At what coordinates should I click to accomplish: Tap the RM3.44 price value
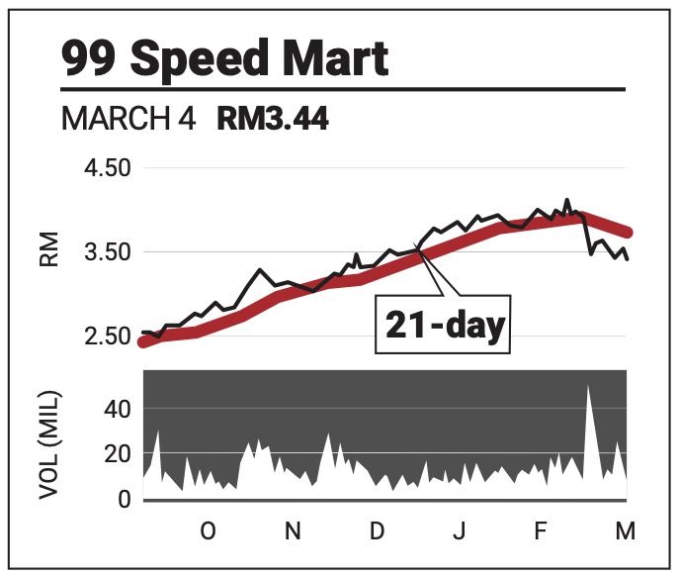coord(273,121)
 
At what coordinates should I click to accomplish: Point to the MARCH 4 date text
coord(129,121)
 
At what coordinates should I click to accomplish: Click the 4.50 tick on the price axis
coord(104,167)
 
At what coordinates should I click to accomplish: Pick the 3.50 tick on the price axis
coord(104,251)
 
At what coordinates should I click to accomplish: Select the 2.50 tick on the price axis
coord(104,337)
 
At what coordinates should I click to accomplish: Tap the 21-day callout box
coord(441,325)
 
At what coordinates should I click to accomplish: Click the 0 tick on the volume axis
coord(125,500)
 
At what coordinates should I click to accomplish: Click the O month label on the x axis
coord(208,532)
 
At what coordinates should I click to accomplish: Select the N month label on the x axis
coord(293,532)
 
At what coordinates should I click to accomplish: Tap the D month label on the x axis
coord(377,532)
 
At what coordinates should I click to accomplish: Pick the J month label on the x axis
coord(459,532)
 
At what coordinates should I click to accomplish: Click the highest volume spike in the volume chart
coord(588,386)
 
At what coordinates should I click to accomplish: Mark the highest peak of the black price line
coord(567,200)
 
